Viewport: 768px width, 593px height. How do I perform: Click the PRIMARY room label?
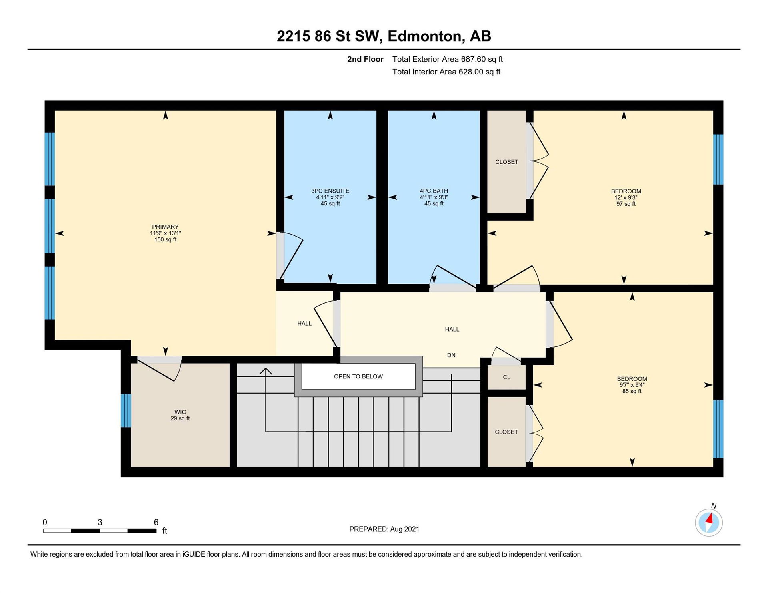[x=165, y=227]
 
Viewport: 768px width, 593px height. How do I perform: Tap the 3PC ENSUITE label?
[x=330, y=191]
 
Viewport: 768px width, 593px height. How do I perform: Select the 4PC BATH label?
[x=434, y=191]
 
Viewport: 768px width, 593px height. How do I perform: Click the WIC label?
[x=180, y=412]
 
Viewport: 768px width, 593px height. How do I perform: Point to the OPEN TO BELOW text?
[x=358, y=376]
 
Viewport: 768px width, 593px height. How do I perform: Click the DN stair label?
[x=451, y=355]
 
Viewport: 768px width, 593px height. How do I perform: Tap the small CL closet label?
[x=506, y=377]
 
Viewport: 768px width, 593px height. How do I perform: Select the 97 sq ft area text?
[x=626, y=204]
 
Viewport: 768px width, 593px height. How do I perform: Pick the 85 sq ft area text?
[x=632, y=391]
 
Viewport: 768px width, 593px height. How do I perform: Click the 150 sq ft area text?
[x=165, y=239]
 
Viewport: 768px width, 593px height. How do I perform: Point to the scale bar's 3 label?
[x=100, y=522]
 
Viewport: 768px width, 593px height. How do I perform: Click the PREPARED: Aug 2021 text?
[x=384, y=529]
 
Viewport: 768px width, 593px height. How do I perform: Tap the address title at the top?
[x=384, y=36]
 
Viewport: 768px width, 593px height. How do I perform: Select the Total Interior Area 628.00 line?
[x=446, y=72]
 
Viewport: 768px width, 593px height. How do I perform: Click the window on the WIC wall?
[x=126, y=410]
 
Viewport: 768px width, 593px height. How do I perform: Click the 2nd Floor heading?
[x=365, y=59]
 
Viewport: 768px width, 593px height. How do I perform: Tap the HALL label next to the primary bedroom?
[x=304, y=323]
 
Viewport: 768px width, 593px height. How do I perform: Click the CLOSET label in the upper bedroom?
[x=507, y=162]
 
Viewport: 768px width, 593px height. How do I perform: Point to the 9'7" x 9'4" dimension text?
[x=632, y=385]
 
